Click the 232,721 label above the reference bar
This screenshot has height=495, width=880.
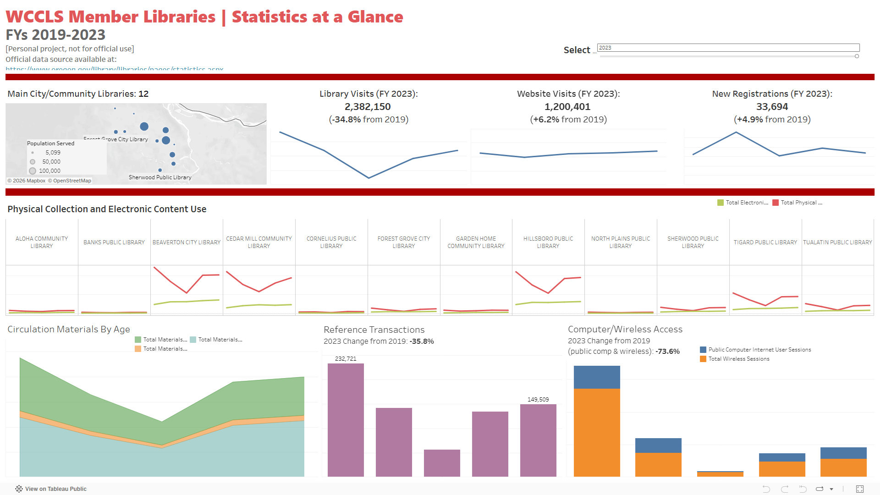click(x=346, y=359)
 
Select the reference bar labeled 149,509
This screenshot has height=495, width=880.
click(x=538, y=440)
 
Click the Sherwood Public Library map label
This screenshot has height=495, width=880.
click(x=160, y=177)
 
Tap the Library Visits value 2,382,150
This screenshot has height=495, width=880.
click(x=368, y=107)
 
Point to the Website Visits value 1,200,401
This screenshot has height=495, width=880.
click(x=567, y=107)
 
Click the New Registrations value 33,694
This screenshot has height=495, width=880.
click(x=772, y=107)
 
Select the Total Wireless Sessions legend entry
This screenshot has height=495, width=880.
click(x=738, y=359)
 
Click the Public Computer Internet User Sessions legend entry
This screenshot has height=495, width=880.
click(x=759, y=350)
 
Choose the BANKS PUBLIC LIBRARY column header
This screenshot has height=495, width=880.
click(x=114, y=242)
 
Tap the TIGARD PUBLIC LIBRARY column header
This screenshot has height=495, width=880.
click(x=765, y=242)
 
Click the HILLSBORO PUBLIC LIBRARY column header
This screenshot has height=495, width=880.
click(x=548, y=242)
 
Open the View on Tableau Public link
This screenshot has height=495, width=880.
click(x=55, y=489)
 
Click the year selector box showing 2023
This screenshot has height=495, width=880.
click(x=728, y=48)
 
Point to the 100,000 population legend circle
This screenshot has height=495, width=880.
click(x=33, y=171)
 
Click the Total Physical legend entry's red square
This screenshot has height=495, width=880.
click(x=775, y=203)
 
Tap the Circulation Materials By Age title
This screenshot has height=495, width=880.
click(x=69, y=329)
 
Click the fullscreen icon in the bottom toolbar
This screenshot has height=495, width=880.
click(x=860, y=489)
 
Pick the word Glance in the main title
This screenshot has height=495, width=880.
click(x=375, y=17)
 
